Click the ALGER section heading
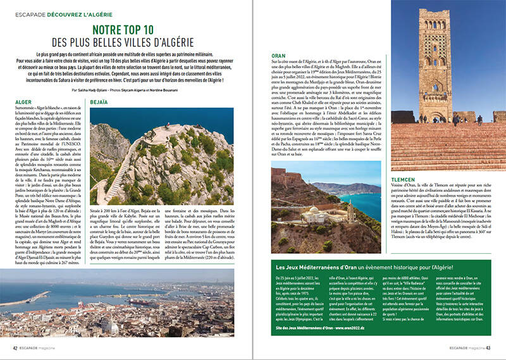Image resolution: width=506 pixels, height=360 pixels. pyautogui.click(x=22, y=101)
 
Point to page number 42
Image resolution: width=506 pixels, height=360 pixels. pyautogui.click(x=15, y=347)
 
